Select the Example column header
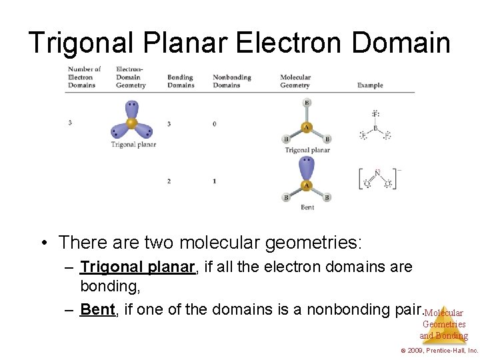tap(370, 85)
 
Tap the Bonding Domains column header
tap(181, 81)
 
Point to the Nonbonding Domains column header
tap(231, 81)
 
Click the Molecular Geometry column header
tap(295, 81)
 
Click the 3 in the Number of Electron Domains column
tap(70, 123)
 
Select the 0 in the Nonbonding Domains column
tap(215, 124)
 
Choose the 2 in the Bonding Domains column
tap(169, 181)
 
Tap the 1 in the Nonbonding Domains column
tap(215, 181)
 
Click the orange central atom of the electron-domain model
tap(131, 123)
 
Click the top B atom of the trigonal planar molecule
tap(307, 103)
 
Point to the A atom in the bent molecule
tap(307, 185)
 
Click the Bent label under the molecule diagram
tap(307, 207)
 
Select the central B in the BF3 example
tap(375, 128)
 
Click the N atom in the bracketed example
tap(377, 172)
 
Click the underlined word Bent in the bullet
tap(97, 309)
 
